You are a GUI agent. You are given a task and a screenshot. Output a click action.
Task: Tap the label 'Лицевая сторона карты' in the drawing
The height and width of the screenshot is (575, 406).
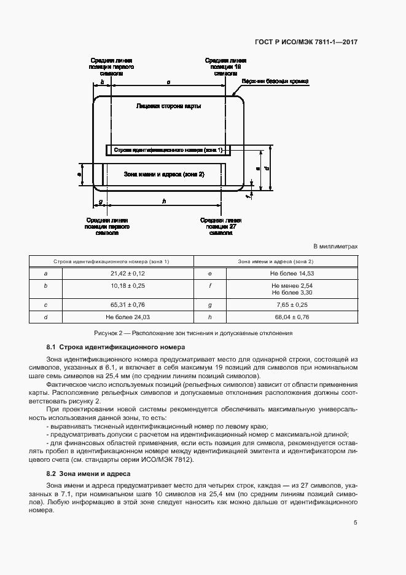coord(168,106)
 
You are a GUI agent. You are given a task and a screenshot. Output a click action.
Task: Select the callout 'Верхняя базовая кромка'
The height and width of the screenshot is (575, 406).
coord(275,81)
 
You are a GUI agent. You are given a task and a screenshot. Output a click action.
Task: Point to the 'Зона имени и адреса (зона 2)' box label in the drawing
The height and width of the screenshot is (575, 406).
coord(163,175)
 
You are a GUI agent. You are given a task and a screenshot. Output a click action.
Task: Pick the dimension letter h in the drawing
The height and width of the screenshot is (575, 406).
coord(163,201)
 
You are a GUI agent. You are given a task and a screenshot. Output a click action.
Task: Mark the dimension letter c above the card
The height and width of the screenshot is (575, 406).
coord(168,81)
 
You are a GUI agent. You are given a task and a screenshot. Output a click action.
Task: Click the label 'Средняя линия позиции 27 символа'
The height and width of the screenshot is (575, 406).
coord(221,226)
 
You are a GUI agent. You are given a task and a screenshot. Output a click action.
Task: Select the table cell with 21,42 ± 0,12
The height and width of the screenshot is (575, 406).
coord(128,273)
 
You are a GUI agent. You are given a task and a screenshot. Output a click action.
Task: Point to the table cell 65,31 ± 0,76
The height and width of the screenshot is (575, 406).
coord(128,304)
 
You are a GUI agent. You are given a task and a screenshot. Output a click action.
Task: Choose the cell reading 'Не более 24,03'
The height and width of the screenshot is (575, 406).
coord(128,317)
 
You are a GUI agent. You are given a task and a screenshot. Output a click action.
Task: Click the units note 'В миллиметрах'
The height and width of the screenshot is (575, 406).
coord(335,247)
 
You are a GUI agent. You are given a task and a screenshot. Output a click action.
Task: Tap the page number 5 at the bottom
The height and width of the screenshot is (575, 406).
coord(356,523)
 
